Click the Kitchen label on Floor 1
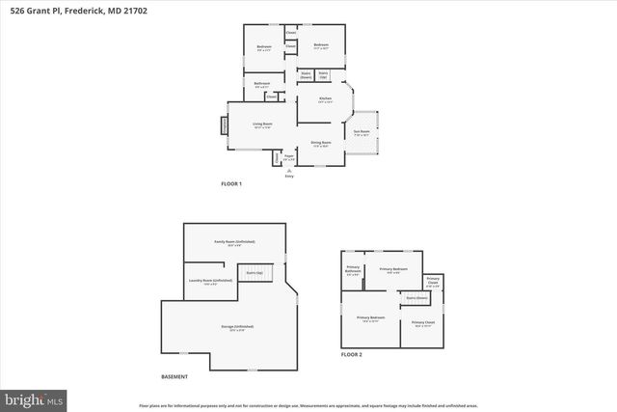[325, 101]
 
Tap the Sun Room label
[362, 134]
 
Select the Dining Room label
[321, 145]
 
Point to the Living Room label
[262, 125]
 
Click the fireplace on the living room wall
[226, 126]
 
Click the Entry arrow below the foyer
[288, 172]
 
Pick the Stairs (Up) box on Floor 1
[324, 74]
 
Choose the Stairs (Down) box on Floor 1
[306, 74]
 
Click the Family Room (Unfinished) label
[233, 243]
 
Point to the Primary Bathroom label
[353, 272]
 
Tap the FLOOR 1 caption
[231, 183]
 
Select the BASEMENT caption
[174, 376]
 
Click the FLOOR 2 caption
[352, 355]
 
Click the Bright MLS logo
[34, 397]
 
